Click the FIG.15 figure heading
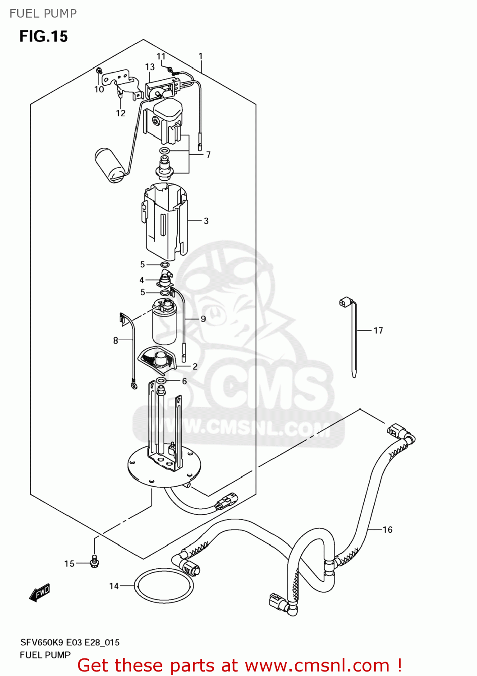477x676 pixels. point(43,37)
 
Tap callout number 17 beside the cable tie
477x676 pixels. point(378,331)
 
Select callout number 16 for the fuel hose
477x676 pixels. point(388,530)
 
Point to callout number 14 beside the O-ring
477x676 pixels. point(114,586)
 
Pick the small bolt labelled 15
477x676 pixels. point(94,562)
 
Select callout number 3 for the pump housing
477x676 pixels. point(206,221)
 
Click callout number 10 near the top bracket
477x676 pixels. point(99,90)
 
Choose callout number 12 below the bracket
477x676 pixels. point(121,113)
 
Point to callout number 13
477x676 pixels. point(150,67)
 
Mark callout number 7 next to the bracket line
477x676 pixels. point(208,155)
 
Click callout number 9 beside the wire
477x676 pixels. point(203,319)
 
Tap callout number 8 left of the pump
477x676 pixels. point(115,341)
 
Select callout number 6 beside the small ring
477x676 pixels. point(184,381)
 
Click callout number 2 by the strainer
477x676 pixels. point(195,366)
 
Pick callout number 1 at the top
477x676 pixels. point(201,56)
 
